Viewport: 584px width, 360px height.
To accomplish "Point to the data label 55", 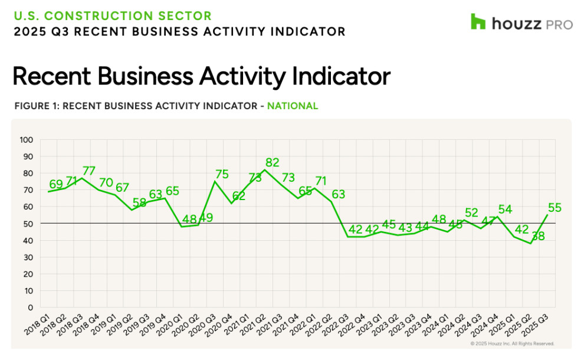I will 555,208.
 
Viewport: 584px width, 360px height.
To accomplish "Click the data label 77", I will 89,171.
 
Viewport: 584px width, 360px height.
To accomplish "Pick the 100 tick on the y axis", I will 27,140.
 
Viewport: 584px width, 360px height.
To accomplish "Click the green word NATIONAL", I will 293,106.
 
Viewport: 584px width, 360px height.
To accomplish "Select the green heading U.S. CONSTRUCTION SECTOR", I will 112,16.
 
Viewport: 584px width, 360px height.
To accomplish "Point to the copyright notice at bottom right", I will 512,343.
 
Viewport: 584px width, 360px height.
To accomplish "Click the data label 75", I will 222,174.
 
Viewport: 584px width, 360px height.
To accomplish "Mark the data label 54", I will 505,210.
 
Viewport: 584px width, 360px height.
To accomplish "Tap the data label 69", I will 56,184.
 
